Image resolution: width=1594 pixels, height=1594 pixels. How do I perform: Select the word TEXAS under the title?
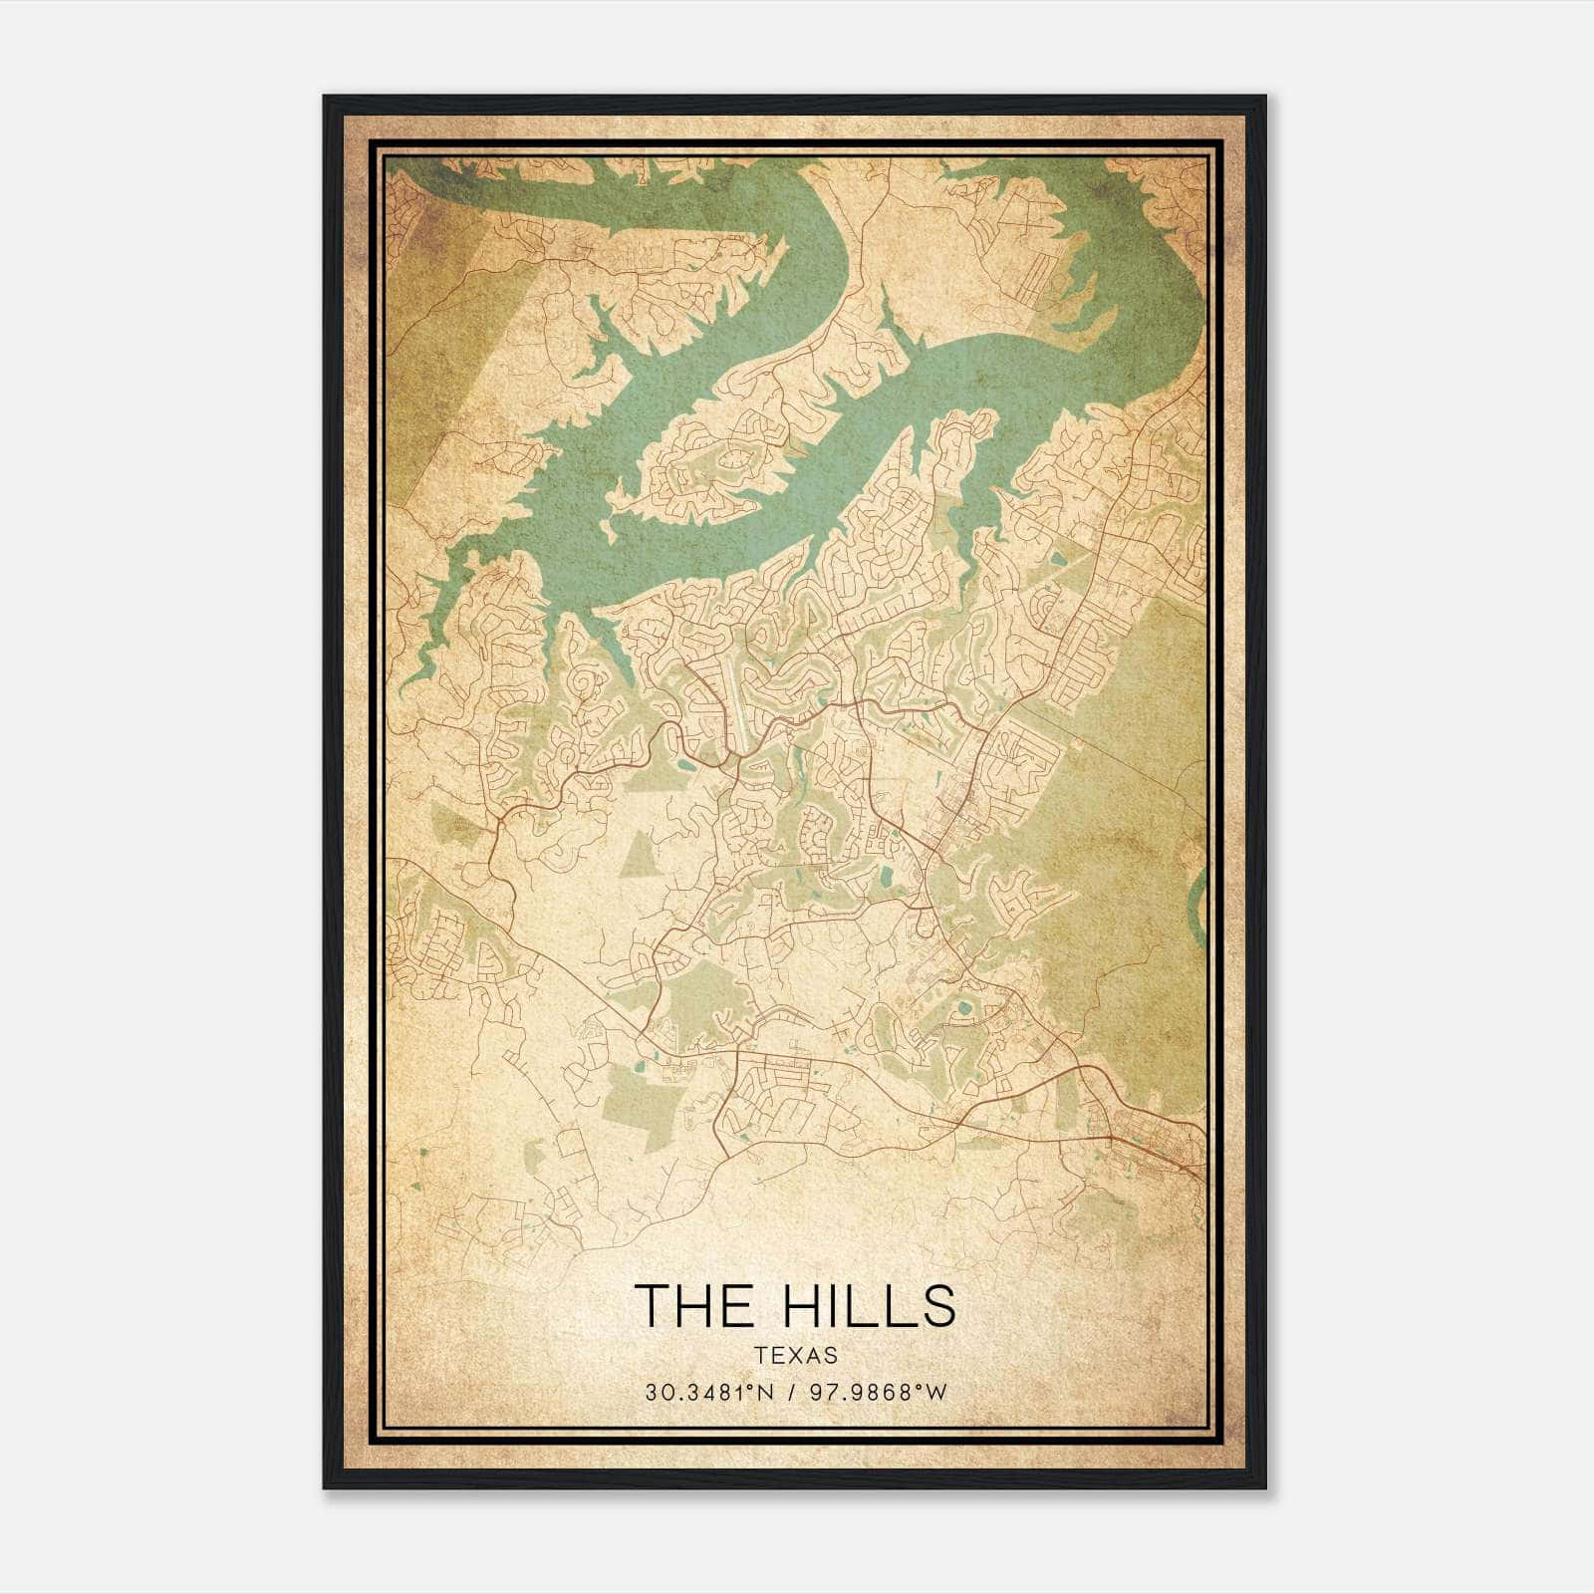click(x=795, y=1355)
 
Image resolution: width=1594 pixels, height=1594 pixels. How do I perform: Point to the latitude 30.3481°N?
click(x=709, y=1393)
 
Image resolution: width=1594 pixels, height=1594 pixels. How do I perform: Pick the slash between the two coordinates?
click(x=792, y=1393)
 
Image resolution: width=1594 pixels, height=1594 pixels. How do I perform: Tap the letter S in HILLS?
click(x=936, y=1304)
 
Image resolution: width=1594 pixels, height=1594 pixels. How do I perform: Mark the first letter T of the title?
click(x=653, y=1304)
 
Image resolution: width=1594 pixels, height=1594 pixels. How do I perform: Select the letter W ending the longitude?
click(x=935, y=1393)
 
